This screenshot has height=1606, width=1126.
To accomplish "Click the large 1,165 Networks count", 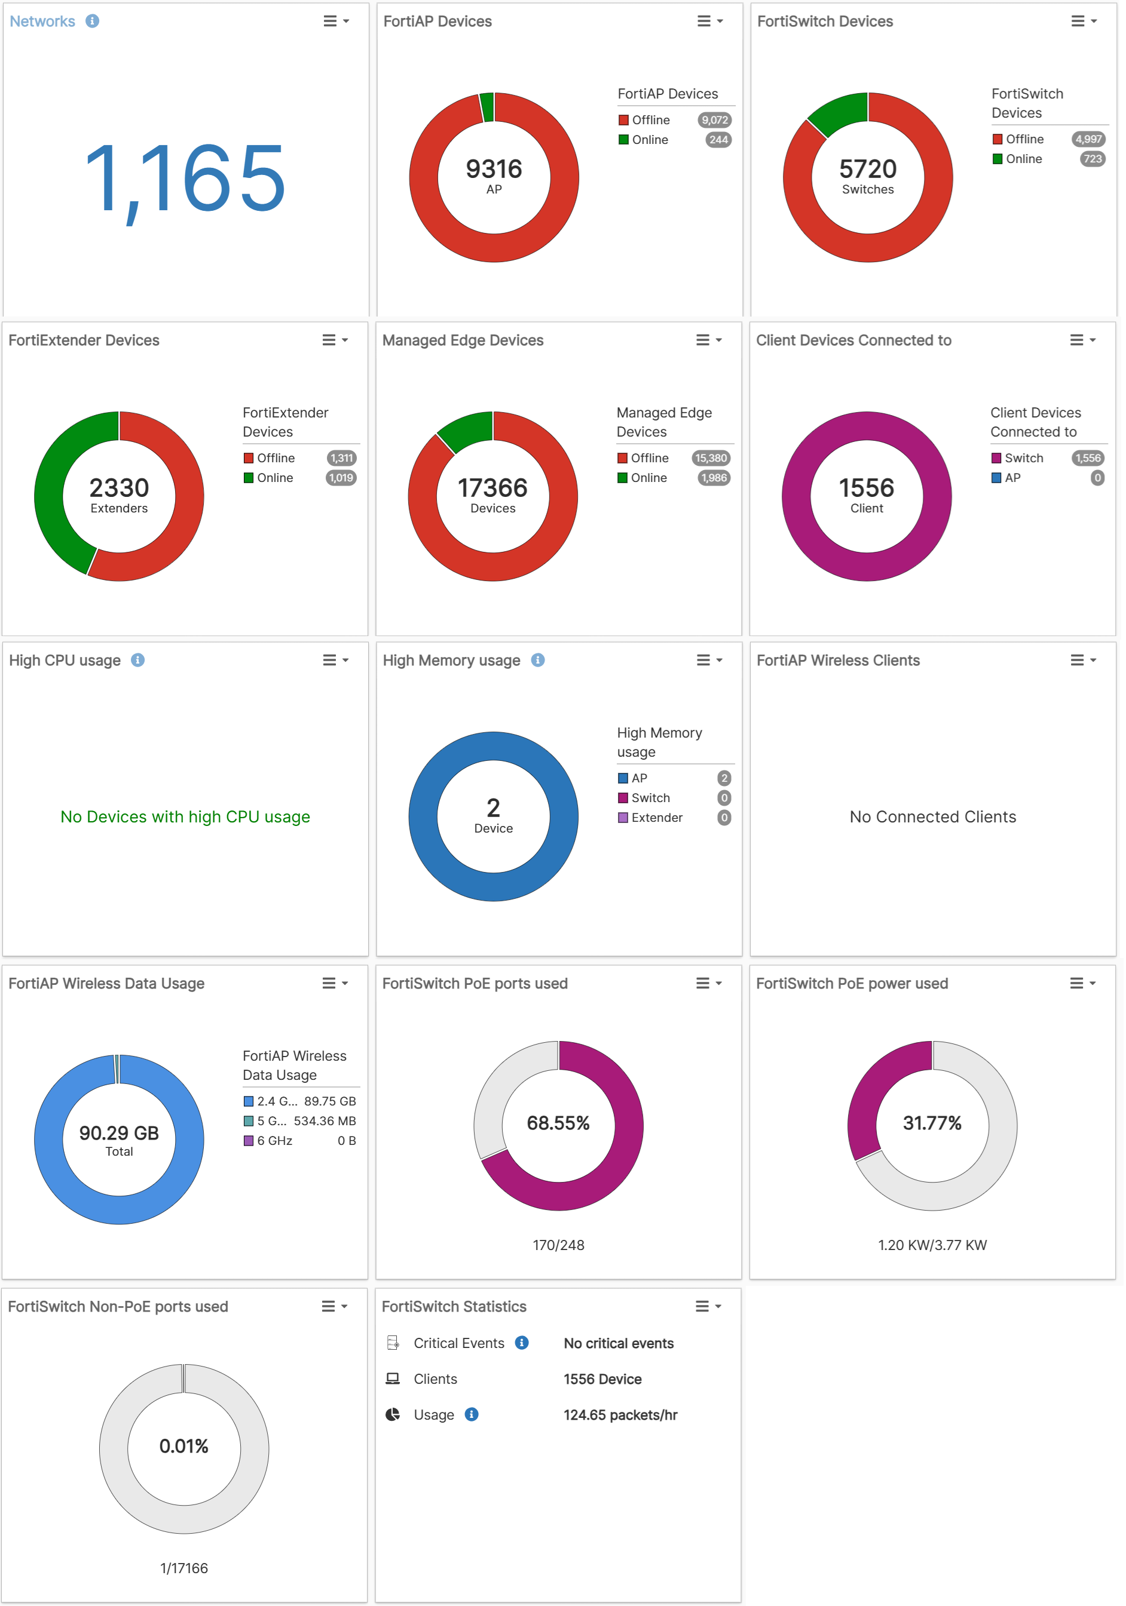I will coord(185,179).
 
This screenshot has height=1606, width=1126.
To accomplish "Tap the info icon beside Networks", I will coord(93,21).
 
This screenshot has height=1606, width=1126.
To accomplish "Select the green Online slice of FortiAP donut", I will coord(487,106).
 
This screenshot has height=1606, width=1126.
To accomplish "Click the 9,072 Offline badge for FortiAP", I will coord(714,120).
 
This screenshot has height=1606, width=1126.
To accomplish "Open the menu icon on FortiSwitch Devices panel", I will coord(1082,21).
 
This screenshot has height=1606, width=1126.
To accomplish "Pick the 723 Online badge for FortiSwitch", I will coord(1092,159).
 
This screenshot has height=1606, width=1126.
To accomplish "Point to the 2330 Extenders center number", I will coord(119,487).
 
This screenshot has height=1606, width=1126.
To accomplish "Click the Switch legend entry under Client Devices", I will coord(1023,458).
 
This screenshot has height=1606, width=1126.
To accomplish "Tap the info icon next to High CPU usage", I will coord(138,659).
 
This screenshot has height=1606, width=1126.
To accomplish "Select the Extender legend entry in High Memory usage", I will coord(656,818).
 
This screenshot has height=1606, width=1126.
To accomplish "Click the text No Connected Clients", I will coord(932,817).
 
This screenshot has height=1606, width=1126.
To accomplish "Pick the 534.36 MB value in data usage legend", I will coord(324,1120).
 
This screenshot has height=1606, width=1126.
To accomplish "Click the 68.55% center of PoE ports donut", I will coord(558,1123).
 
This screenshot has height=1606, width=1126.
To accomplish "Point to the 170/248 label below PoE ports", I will coord(558,1245).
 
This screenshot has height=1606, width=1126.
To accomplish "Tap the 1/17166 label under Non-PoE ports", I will coord(184,1568).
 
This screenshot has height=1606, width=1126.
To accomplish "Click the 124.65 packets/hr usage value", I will coord(620,1415).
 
